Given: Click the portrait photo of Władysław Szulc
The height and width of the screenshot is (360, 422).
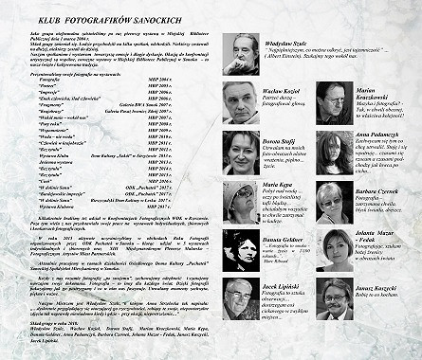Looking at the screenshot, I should coord(246,54).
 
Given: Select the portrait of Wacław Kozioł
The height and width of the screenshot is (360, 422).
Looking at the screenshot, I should coord(242,103).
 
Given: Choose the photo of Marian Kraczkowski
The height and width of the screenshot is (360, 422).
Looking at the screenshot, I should coord(334,103).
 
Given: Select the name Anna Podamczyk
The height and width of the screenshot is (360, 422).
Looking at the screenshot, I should coord(379,135).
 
